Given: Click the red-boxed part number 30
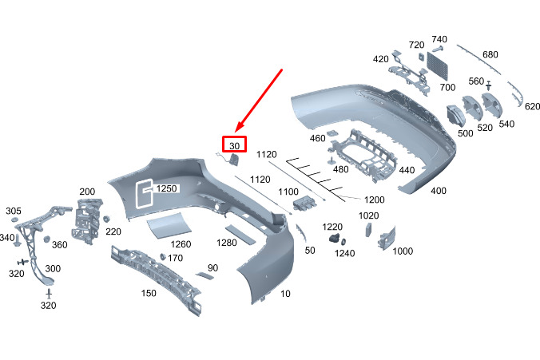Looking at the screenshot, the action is point(235,146).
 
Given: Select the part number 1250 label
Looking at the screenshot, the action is point(166,188).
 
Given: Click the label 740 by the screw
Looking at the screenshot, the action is point(439,39).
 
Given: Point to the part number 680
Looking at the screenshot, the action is point(490,54).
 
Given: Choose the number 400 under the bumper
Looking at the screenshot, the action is point(438,192).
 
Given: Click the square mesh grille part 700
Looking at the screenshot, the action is point(439,63).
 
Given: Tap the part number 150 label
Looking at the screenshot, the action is point(149,293).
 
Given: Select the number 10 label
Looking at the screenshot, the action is point(285,294).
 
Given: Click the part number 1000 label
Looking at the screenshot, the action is point(403,251).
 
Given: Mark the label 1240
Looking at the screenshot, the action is point(345,253).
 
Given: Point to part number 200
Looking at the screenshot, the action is point(87,192).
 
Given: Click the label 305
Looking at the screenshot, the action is point(14,211).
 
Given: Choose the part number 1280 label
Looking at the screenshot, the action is point(227,243).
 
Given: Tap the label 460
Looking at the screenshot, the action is point(318,139).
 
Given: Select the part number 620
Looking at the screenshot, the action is point(533,106).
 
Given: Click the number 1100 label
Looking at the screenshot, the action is point(288,192).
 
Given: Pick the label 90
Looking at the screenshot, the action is point(212,267).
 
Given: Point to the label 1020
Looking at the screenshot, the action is point(368,216).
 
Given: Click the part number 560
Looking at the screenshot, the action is point(476,81).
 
